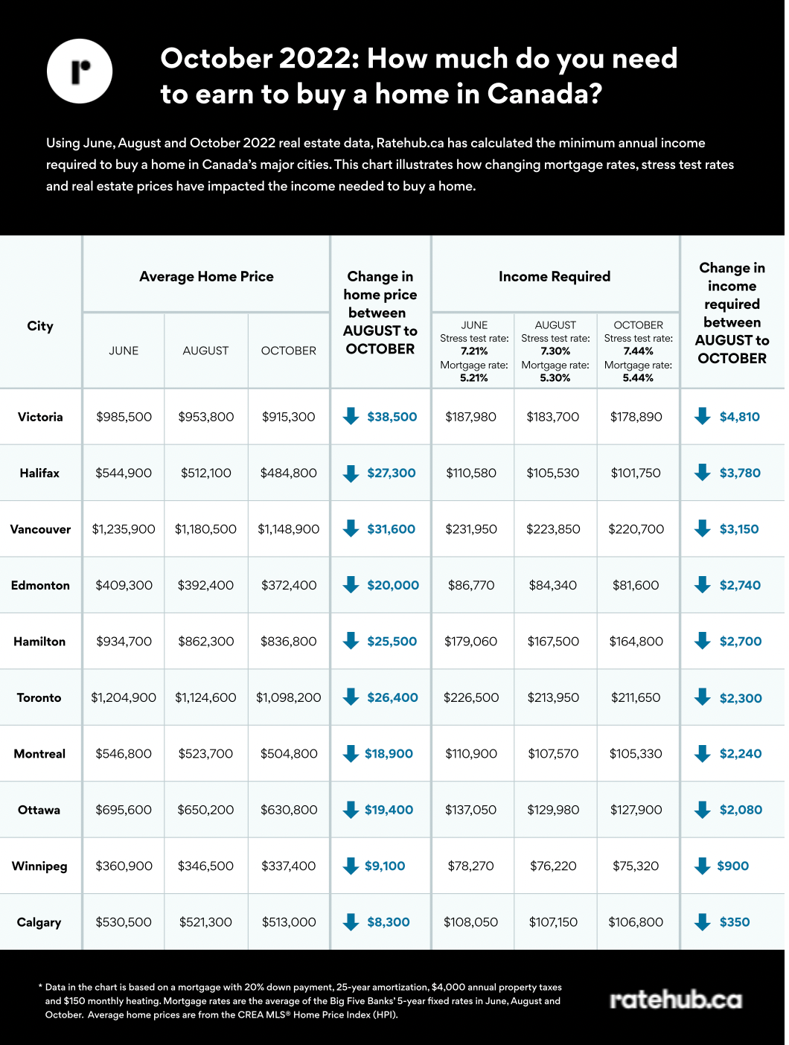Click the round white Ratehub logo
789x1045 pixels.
(x=80, y=71)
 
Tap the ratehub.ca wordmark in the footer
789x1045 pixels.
(x=676, y=1000)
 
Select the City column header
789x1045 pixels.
(x=40, y=326)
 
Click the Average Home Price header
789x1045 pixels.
(x=206, y=277)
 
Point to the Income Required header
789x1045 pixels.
(x=555, y=277)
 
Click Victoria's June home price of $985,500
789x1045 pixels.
(x=124, y=417)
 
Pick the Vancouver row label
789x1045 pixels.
(x=40, y=529)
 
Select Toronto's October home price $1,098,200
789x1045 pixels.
(x=288, y=698)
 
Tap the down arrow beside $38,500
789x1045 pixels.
(x=351, y=416)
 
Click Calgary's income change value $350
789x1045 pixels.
(x=734, y=923)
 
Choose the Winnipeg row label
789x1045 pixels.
(x=39, y=866)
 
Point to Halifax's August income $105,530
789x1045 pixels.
(x=552, y=473)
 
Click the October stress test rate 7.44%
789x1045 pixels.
(x=638, y=351)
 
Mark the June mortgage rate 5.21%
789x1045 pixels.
(x=474, y=378)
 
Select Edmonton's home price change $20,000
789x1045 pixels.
(x=393, y=586)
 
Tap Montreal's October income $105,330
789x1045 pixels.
(x=636, y=754)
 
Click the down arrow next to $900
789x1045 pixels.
(x=703, y=866)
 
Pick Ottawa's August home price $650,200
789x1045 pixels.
(x=205, y=811)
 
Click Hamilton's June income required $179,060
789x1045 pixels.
(x=470, y=642)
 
